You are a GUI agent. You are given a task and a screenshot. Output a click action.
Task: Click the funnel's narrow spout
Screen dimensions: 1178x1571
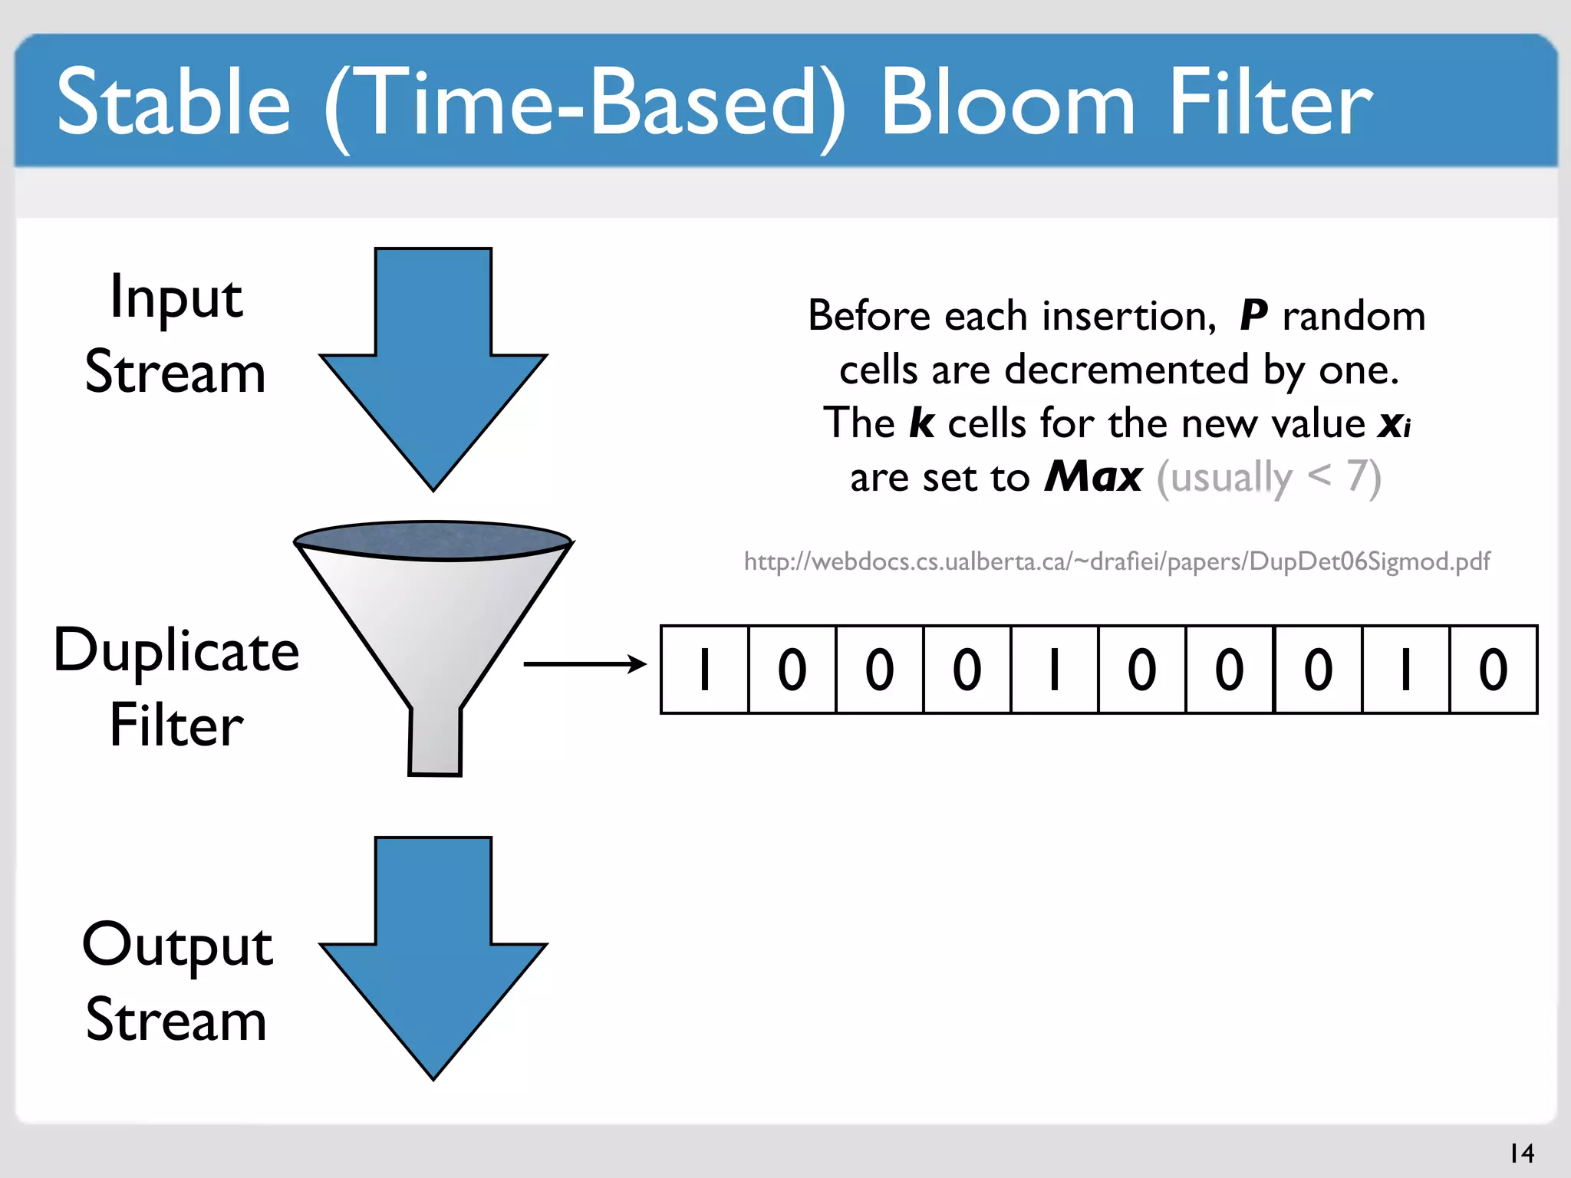pos(435,740)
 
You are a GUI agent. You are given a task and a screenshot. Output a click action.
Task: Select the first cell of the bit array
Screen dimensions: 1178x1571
pos(704,670)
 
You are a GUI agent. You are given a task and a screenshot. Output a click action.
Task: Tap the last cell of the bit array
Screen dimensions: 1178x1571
pos(1493,670)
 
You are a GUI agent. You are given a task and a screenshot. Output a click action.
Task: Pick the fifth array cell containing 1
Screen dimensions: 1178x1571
pos(1055,670)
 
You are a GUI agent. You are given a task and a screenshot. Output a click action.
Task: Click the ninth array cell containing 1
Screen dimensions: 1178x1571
pos(1405,670)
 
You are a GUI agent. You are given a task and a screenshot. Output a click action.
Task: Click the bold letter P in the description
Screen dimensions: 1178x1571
pos(1253,316)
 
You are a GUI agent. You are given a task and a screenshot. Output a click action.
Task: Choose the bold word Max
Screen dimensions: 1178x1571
pos(1094,477)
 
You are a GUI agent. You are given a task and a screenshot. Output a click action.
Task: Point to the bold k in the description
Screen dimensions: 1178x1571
pos(921,423)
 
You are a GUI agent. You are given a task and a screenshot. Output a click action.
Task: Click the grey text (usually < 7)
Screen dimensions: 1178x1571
pos(1269,477)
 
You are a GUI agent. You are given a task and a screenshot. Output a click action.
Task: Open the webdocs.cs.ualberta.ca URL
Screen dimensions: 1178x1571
pos(1116,561)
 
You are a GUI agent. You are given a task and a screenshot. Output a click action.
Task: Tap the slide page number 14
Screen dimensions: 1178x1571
pos(1521,1153)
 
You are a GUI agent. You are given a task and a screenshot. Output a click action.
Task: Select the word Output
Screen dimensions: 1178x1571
pos(177,945)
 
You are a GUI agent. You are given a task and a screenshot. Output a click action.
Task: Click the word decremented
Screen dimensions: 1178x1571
pos(1127,370)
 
